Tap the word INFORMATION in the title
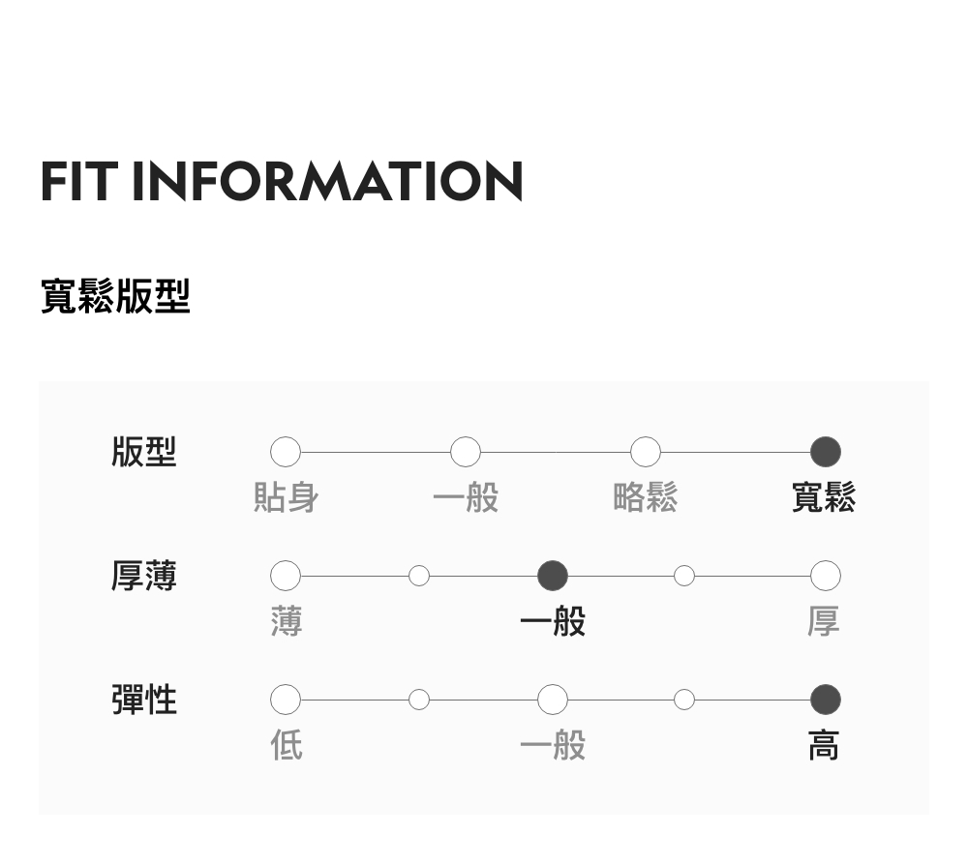click(327, 181)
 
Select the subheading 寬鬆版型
click(115, 296)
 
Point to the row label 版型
click(144, 452)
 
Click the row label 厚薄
click(144, 576)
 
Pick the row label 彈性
click(144, 699)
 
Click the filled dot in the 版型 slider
click(825, 452)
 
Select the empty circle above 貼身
click(286, 452)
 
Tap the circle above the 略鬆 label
click(646, 452)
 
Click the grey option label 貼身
click(286, 497)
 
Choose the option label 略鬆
click(646, 497)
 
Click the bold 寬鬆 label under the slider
click(824, 497)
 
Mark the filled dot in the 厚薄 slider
click(553, 576)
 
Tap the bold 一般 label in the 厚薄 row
click(553, 621)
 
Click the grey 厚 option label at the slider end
click(824, 621)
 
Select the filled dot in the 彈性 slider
click(825, 699)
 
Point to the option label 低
click(286, 745)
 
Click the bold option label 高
click(824, 745)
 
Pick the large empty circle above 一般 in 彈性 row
click(553, 699)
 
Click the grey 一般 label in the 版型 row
click(466, 497)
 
